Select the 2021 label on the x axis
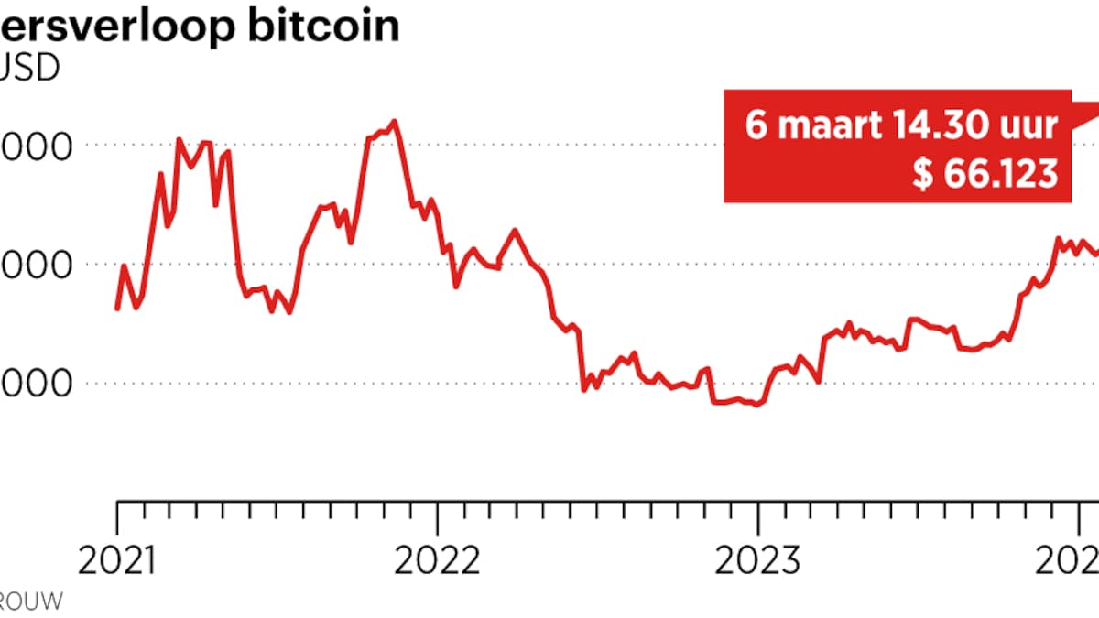pyautogui.click(x=116, y=559)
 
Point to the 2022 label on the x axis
pyautogui.click(x=437, y=559)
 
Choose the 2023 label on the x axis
pyautogui.click(x=756, y=559)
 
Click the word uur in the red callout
pyautogui.click(x=1034, y=125)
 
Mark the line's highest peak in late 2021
pyautogui.click(x=394, y=121)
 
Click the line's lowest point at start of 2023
pyautogui.click(x=756, y=405)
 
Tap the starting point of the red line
pyautogui.click(x=117, y=309)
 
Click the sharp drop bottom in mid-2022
pyautogui.click(x=584, y=390)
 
